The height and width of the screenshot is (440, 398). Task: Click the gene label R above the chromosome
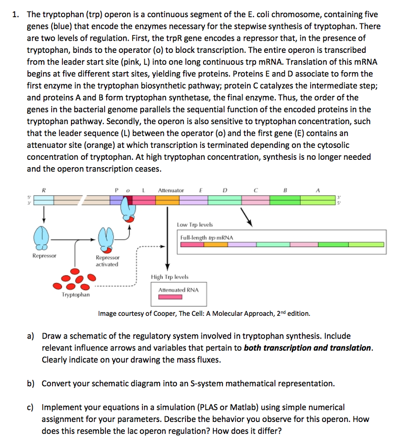[x=43, y=190]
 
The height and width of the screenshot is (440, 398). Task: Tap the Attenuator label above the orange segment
[x=171, y=190]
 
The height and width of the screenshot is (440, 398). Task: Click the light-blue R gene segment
[x=43, y=200]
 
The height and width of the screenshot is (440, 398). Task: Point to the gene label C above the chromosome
[x=256, y=190]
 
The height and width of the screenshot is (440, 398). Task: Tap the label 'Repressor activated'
[x=107, y=261]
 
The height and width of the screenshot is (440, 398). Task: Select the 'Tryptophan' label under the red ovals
[x=76, y=295]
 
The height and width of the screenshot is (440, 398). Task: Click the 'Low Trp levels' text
[x=194, y=225]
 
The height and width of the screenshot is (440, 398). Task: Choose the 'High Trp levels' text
[x=170, y=277]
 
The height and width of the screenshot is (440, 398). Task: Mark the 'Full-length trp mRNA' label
[x=207, y=237]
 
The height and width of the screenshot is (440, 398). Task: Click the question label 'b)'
[x=33, y=383]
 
